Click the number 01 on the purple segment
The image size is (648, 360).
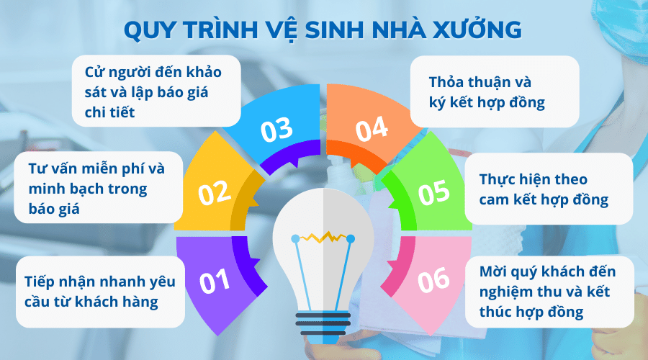214,282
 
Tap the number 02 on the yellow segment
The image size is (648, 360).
214,192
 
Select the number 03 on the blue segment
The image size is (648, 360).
276,130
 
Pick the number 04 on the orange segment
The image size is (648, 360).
372,130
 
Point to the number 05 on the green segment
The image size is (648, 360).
433,192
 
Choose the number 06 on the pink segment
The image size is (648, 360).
433,280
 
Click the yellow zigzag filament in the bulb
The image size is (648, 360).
323,236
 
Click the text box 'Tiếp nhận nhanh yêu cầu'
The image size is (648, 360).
100,291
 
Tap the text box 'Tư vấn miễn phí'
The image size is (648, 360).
97,189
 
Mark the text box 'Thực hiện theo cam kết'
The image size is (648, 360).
547,189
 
